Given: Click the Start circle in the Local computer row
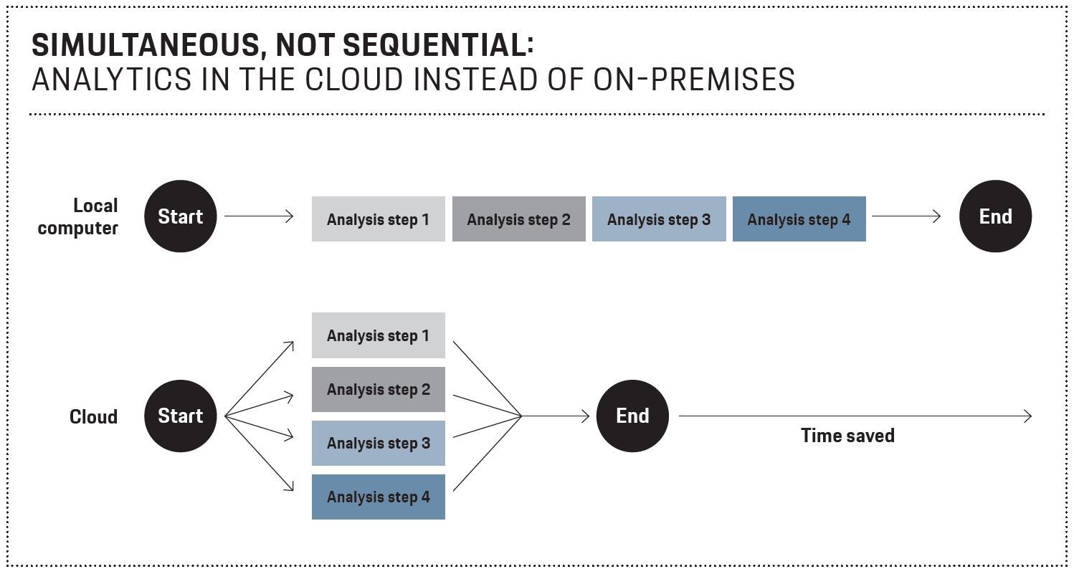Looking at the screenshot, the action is click(180, 216).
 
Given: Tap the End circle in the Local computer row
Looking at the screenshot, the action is click(995, 216).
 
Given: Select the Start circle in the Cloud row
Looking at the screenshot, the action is click(180, 416).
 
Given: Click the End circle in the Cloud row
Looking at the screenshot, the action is click(632, 416).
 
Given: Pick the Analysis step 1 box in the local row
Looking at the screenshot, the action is click(379, 219).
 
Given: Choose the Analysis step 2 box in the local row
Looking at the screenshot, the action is click(519, 219).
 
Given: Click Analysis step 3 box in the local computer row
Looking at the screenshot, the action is click(659, 219).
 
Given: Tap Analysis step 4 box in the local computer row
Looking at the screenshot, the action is click(799, 219).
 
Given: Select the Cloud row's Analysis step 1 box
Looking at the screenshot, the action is click(379, 335).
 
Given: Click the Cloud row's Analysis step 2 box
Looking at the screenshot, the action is click(379, 390).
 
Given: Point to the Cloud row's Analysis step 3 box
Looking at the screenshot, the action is click(379, 443).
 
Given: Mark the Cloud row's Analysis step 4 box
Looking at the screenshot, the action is click(379, 497).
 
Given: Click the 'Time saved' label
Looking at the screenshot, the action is click(847, 436).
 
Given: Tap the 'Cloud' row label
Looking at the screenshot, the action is click(93, 417).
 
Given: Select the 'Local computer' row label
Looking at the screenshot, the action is click(77, 217).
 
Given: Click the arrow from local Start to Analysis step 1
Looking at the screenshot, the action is click(259, 216).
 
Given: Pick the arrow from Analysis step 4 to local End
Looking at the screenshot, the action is click(906, 216).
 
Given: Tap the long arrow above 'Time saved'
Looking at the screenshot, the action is click(855, 416).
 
